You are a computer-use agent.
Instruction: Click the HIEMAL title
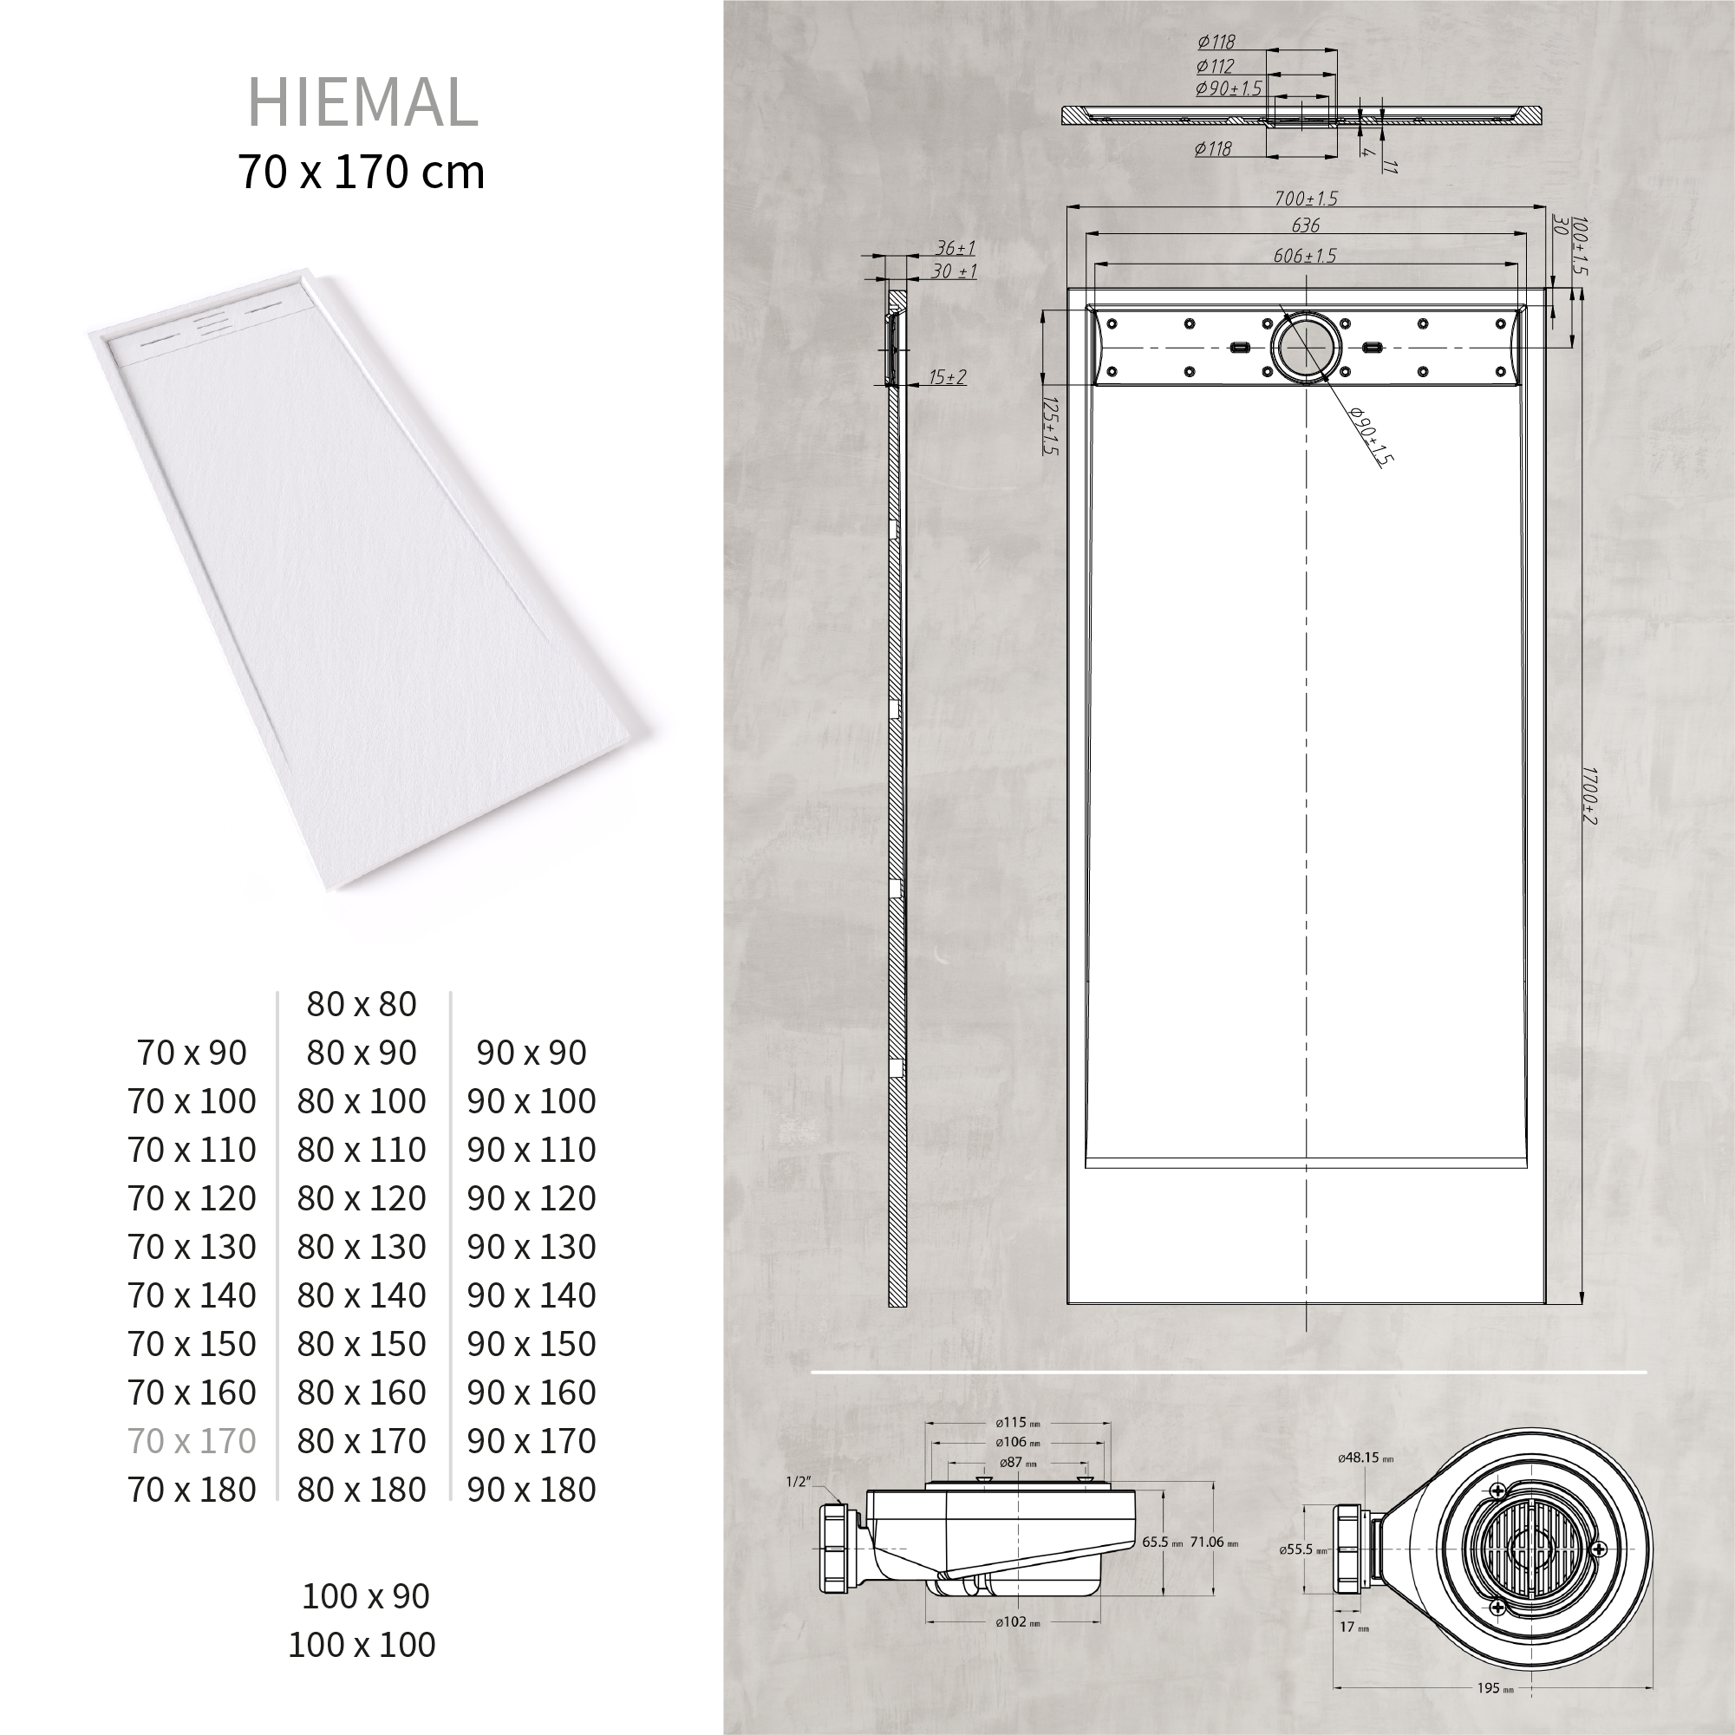point(362,101)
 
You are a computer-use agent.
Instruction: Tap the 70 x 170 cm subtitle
point(361,172)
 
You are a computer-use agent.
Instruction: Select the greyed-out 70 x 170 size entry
point(192,1441)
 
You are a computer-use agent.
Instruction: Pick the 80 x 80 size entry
point(362,1004)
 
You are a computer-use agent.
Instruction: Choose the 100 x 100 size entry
point(362,1645)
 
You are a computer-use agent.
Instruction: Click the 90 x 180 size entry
point(532,1490)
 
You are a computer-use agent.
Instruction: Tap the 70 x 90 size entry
point(192,1053)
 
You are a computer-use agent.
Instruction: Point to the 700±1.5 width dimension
point(1306,199)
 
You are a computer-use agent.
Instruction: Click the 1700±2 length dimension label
point(1588,796)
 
